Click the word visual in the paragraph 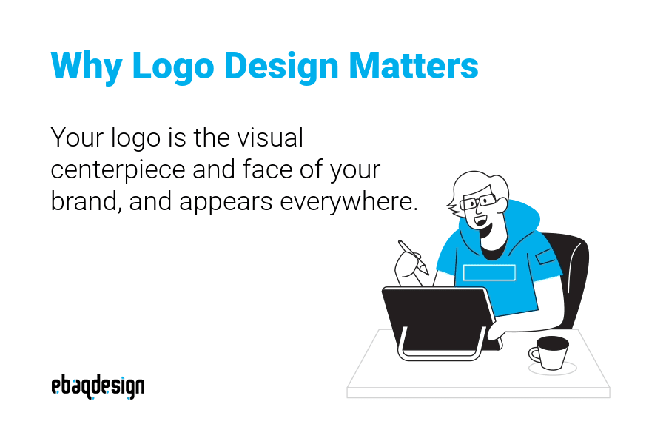pyautogui.click(x=269, y=138)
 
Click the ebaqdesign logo pyautogui.click(x=98, y=386)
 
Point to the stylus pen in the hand pyautogui.click(x=412, y=257)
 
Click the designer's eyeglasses pyautogui.click(x=477, y=200)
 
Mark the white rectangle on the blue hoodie pyautogui.click(x=488, y=272)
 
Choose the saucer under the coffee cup pyautogui.click(x=552, y=368)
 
